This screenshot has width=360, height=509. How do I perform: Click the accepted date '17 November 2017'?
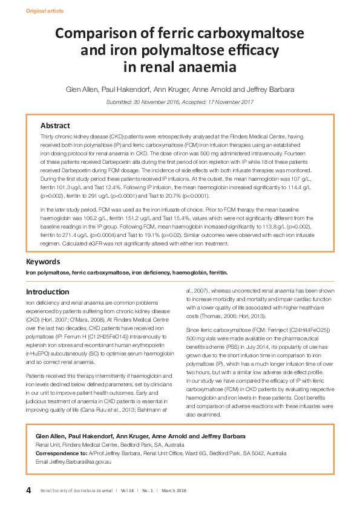[x=229, y=102]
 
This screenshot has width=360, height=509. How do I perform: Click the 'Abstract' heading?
[x=55, y=126]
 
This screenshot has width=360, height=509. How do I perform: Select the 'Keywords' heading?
[x=42, y=262]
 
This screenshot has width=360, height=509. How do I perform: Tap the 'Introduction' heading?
[x=47, y=291]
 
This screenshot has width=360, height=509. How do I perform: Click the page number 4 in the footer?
[x=28, y=489]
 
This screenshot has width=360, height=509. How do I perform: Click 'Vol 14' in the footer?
[x=128, y=490]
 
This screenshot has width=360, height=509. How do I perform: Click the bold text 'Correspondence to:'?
[x=62, y=453]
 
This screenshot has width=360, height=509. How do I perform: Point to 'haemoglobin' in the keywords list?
[x=174, y=273]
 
